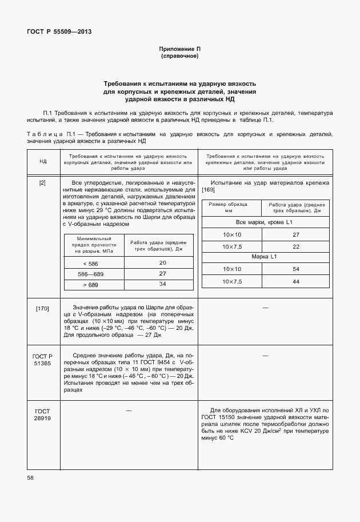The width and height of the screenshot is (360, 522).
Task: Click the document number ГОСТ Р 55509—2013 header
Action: tap(59, 31)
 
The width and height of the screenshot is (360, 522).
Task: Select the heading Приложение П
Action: tap(179, 50)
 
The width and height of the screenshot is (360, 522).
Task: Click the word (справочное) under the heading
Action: tap(179, 57)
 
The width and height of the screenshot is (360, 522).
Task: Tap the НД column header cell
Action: tap(43, 162)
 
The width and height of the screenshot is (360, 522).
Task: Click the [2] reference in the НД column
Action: tap(42, 183)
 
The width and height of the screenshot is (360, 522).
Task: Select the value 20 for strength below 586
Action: tap(162, 262)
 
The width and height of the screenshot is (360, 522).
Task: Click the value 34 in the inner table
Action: tap(162, 284)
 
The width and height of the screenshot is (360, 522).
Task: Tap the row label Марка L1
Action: tap(265, 257)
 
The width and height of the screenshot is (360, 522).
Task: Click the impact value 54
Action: tap(296, 269)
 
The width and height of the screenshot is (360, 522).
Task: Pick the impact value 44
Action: tap(296, 281)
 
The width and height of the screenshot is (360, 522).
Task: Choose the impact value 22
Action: tap(296, 246)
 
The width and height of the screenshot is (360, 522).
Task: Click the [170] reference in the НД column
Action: tap(42, 309)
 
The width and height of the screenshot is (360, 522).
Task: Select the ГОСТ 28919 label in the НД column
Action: tap(42, 415)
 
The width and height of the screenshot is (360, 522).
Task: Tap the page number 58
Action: tap(30, 477)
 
